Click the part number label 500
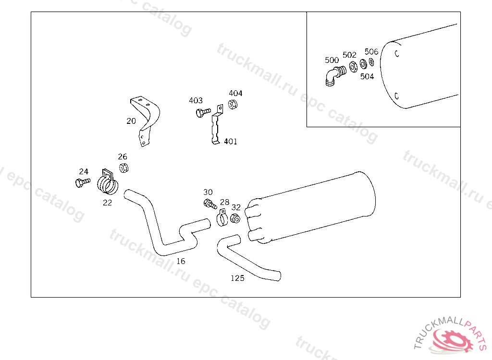click(x=332, y=60)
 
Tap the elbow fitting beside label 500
click(x=335, y=75)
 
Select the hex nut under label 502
click(x=353, y=67)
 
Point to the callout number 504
click(x=367, y=76)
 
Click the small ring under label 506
click(x=371, y=62)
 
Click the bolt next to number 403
click(x=203, y=112)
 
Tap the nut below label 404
click(x=233, y=104)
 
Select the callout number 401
click(x=230, y=142)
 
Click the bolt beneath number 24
click(x=83, y=182)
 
